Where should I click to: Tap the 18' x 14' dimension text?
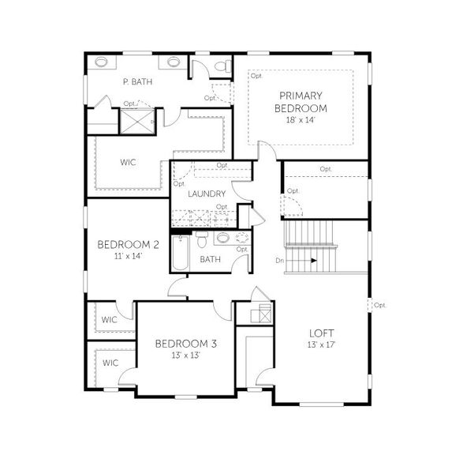[301, 120]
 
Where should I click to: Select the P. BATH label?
[137, 81]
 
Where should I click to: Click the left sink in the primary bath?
[102, 62]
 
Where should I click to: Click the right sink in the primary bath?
[174, 62]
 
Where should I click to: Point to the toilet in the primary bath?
[223, 65]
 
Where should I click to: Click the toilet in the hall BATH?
[201, 239]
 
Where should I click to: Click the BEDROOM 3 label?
[185, 344]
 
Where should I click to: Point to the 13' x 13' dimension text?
[185, 355]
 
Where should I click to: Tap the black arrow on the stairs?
[313, 259]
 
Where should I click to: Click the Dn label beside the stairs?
[280, 259]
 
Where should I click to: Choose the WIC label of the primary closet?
[128, 162]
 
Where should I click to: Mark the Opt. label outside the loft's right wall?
[379, 305]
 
